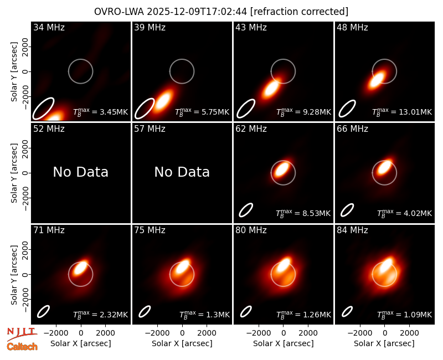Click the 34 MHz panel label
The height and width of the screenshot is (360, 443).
pyautogui.click(x=49, y=27)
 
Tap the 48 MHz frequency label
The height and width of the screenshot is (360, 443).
pyautogui.click(x=352, y=27)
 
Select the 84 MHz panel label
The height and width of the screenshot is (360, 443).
pyautogui.click(x=352, y=230)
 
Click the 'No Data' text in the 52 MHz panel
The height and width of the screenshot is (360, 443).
pyautogui.click(x=80, y=172)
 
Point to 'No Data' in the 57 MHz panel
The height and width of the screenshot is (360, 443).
pyautogui.click(x=182, y=172)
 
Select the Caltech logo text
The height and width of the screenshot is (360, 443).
pyautogui.click(x=22, y=347)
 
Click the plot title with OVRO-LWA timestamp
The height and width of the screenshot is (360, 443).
pyautogui.click(x=221, y=12)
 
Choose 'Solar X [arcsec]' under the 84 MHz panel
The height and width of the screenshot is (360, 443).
pyautogui.click(x=384, y=343)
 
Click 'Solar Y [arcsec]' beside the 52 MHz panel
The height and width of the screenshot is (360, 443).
pyautogui.click(x=14, y=173)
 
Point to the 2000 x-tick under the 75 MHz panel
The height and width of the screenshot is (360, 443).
pyautogui.click(x=207, y=333)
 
